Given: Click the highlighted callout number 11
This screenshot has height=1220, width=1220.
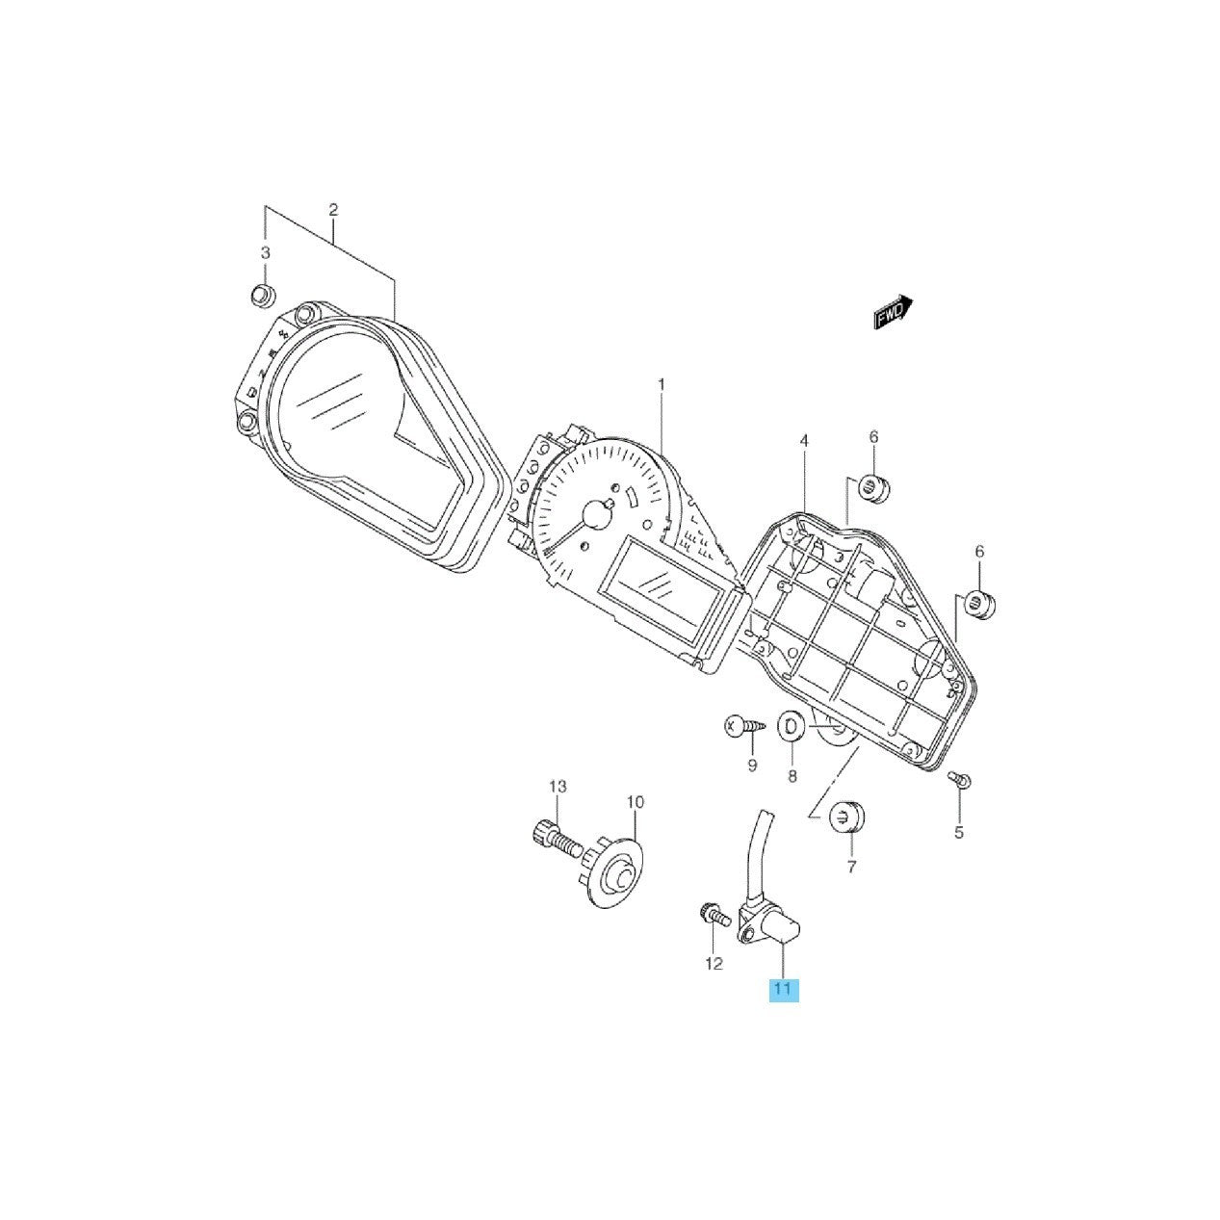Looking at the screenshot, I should [783, 989].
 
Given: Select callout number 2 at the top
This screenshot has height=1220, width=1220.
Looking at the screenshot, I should [333, 210].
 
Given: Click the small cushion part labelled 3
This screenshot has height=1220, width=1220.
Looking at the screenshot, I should [260, 296].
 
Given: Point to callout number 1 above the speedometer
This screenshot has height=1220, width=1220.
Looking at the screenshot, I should [661, 384].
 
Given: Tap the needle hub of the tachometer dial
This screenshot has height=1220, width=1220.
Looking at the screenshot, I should [598, 517].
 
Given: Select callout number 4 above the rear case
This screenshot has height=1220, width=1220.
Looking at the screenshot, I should [804, 441].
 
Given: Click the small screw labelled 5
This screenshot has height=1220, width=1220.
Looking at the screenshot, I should [958, 779].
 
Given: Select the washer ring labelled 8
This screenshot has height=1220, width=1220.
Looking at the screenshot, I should [792, 727].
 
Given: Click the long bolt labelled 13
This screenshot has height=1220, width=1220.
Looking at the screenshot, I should [556, 840].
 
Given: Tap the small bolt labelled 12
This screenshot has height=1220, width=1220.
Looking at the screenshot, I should [711, 913].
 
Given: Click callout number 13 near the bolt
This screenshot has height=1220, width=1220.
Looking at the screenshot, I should [558, 788].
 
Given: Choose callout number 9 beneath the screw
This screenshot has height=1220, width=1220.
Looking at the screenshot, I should [752, 766].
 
